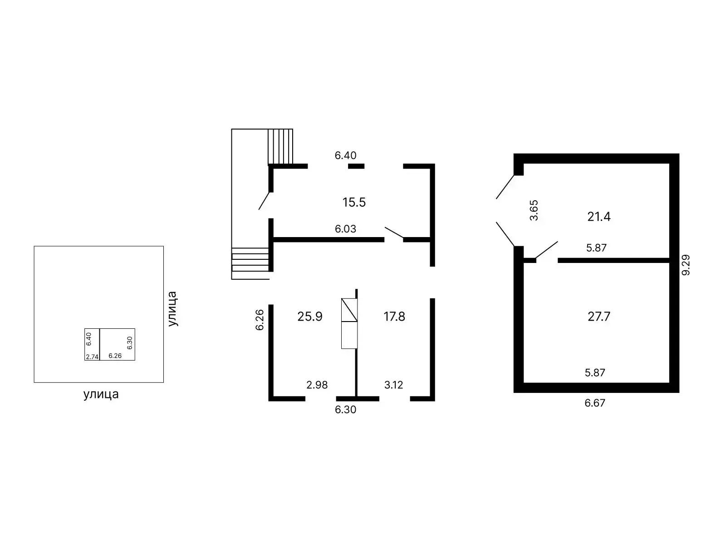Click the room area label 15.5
[x=354, y=202]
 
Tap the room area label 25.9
[x=310, y=316]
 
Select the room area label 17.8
[x=394, y=316]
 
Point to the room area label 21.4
[x=598, y=217]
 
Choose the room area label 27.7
[x=598, y=316]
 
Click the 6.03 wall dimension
[x=345, y=229]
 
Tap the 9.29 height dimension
[x=686, y=264]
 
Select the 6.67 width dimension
[x=595, y=403]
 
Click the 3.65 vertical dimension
[x=534, y=210]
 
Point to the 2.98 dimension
[x=317, y=385]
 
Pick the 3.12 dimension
[x=393, y=385]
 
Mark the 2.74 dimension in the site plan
[x=92, y=357]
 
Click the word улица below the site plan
[x=101, y=394]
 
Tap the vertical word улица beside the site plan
[x=172, y=309]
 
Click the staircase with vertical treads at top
[x=280, y=146]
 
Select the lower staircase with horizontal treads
[x=250, y=263]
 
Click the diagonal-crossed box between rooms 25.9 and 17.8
[x=349, y=310]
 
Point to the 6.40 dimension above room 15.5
[x=345, y=155]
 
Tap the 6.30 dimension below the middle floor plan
[x=345, y=410]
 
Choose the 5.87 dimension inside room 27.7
[x=595, y=373]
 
